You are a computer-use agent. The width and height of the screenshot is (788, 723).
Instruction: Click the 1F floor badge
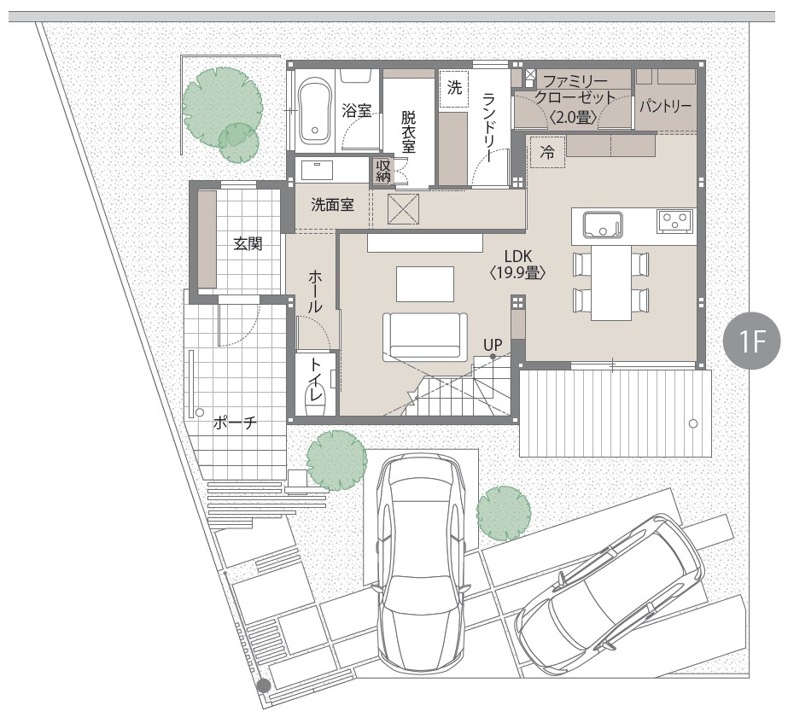tap(752, 341)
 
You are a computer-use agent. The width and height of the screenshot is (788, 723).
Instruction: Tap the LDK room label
tap(518, 256)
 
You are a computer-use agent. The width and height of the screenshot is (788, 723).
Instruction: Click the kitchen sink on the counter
tap(603, 224)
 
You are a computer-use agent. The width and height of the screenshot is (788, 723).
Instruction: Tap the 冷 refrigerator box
tap(546, 152)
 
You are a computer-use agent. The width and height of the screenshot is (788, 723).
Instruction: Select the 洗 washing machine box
tap(454, 88)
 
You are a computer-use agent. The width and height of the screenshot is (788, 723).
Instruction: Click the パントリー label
tap(665, 106)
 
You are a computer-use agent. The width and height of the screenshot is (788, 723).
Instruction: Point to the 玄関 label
tap(248, 245)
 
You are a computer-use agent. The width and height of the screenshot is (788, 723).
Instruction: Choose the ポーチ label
tap(235, 423)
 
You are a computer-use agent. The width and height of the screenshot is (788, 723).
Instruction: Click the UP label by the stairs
tap(493, 345)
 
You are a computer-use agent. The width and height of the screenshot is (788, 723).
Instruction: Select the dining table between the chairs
tap(610, 283)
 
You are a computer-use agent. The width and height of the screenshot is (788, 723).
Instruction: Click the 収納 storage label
tap(383, 171)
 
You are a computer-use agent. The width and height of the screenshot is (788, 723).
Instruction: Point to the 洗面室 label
tap(332, 205)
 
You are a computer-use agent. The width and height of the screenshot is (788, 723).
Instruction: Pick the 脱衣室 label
tap(409, 131)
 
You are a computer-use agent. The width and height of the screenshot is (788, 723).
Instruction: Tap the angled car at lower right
tap(609, 590)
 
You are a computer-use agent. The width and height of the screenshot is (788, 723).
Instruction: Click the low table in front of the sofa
tap(425, 284)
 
